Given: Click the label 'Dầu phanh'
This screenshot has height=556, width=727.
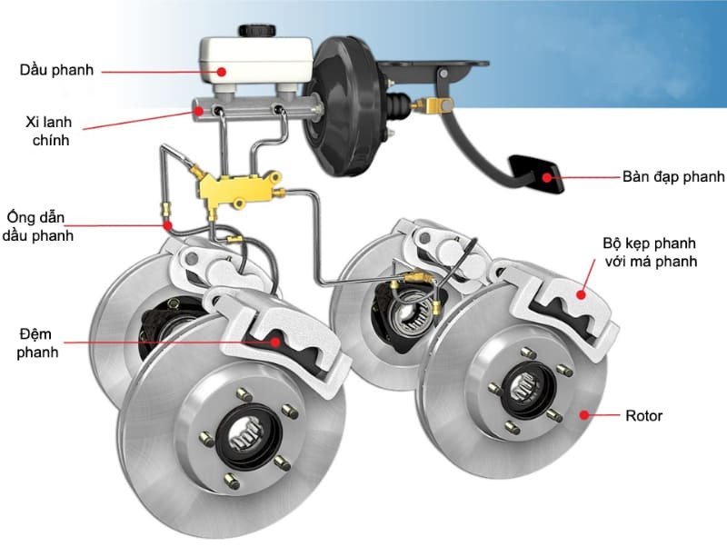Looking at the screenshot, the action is pyautogui.click(x=56, y=70).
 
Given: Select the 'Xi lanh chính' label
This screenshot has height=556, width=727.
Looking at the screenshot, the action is pyautogui.click(x=49, y=131).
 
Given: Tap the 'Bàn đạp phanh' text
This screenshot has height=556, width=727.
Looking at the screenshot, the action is pyautogui.click(x=673, y=176).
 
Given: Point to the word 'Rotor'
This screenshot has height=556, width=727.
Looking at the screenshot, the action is pyautogui.click(x=643, y=415).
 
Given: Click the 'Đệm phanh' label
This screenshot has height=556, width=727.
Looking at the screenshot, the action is pyautogui.click(x=37, y=343).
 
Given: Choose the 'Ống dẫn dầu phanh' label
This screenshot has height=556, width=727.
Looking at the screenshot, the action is pyautogui.click(x=37, y=226).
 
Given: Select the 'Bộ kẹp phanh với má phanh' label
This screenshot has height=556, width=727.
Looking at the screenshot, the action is pyautogui.click(x=651, y=252).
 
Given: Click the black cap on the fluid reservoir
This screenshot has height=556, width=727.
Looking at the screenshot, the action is pyautogui.click(x=257, y=31).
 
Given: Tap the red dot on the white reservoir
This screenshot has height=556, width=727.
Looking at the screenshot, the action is pyautogui.click(x=222, y=72).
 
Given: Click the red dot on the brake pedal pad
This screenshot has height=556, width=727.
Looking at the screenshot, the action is pyautogui.click(x=548, y=177).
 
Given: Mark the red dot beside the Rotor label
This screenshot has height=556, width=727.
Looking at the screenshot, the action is pyautogui.click(x=584, y=414).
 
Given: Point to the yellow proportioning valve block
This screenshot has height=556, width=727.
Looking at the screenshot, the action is pyautogui.click(x=235, y=190).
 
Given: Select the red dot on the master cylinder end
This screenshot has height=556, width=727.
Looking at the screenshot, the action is pyautogui.click(x=199, y=111).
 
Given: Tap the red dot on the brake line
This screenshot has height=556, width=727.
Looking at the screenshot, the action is pyautogui.click(x=167, y=225).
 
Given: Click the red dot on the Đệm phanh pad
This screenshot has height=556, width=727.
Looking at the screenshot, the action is pyautogui.click(x=275, y=342).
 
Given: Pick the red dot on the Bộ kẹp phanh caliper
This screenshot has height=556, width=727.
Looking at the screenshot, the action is pyautogui.click(x=581, y=293).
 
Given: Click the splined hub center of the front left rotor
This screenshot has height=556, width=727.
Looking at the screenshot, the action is pyautogui.click(x=246, y=434).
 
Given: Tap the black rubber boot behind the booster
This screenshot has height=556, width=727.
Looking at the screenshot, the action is pyautogui.click(x=397, y=105).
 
